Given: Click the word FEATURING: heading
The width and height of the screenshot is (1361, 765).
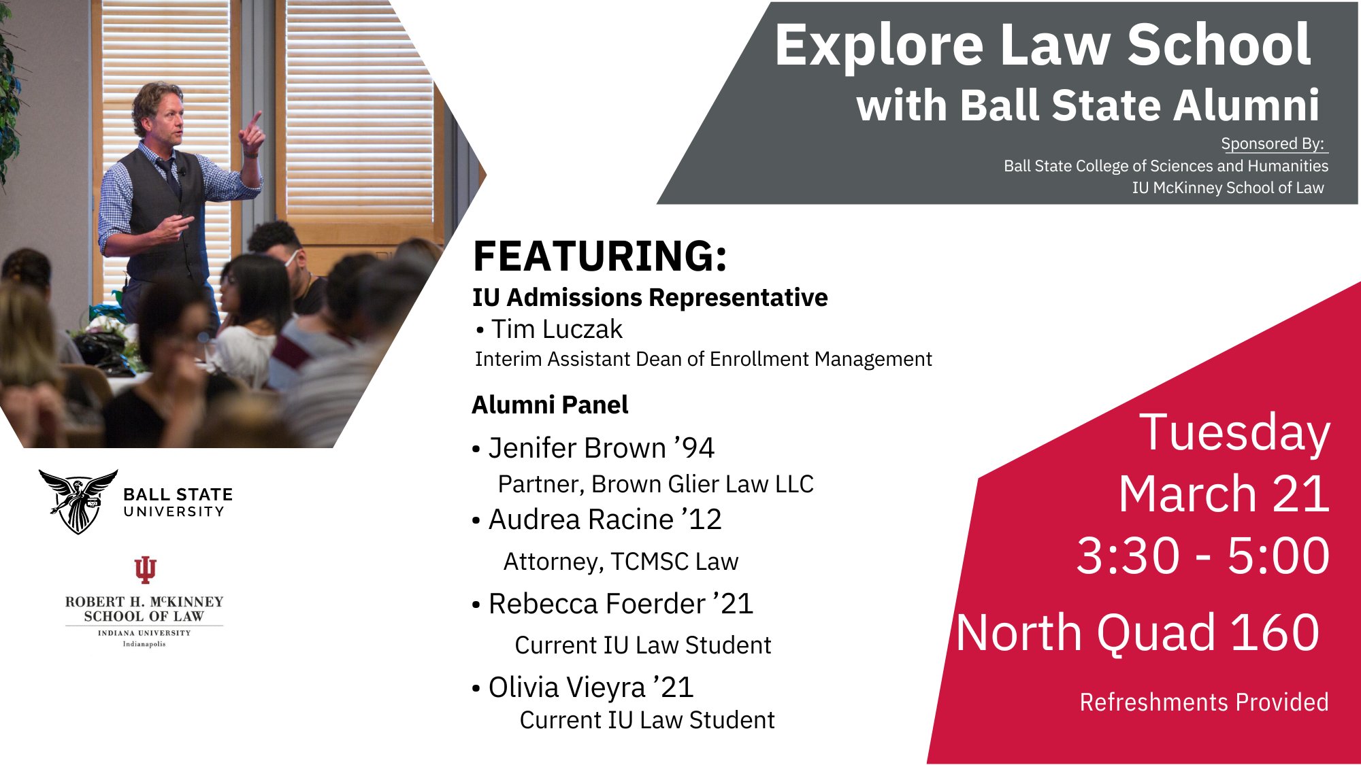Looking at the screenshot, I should pyautogui.click(x=600, y=256).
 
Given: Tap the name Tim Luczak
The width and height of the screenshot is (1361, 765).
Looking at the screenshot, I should pyautogui.click(x=556, y=330).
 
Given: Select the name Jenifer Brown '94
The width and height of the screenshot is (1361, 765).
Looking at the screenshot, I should pyautogui.click(x=601, y=448).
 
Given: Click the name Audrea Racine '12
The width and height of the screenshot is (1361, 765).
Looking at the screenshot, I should pyautogui.click(x=604, y=520).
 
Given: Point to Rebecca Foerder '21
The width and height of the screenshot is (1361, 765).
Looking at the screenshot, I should pyautogui.click(x=620, y=605).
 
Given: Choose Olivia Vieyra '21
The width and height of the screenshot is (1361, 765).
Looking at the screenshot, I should pyautogui.click(x=590, y=687).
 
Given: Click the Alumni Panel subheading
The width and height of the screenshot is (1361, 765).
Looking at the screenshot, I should pyautogui.click(x=550, y=405).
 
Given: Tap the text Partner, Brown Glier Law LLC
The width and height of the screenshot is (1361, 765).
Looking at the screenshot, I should pyautogui.click(x=655, y=484).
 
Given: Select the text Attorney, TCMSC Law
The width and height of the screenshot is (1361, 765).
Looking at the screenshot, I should pyautogui.click(x=621, y=562).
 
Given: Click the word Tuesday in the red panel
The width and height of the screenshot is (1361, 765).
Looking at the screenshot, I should pyautogui.click(x=1234, y=432).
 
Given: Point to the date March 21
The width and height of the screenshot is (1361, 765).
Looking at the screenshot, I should pyautogui.click(x=1224, y=494).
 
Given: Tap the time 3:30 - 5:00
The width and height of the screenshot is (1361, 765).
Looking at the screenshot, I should pyautogui.click(x=1202, y=556).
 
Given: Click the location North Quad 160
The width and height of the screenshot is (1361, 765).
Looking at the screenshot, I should pyautogui.click(x=1138, y=633).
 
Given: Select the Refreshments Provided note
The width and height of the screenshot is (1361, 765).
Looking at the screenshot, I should pyautogui.click(x=1204, y=702).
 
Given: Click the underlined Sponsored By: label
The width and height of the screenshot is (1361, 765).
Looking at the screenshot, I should pyautogui.click(x=1273, y=144).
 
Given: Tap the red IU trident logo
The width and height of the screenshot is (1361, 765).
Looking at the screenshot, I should pyautogui.click(x=145, y=570).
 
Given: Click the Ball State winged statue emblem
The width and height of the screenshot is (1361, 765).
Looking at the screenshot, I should pyautogui.click(x=78, y=501).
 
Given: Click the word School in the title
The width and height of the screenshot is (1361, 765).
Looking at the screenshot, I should pyautogui.click(x=1219, y=45).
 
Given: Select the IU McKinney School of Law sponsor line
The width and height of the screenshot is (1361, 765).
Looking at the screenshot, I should pyautogui.click(x=1228, y=188).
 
